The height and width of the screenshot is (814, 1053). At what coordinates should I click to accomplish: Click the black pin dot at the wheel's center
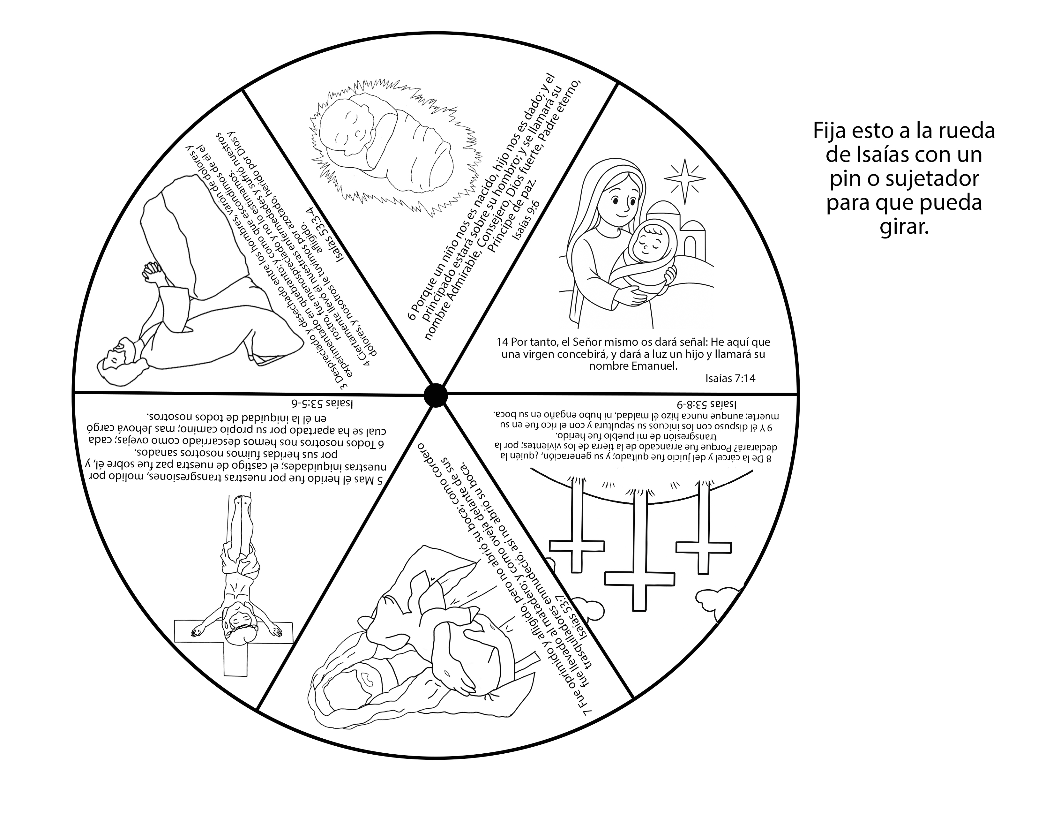pyautogui.click(x=435, y=395)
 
